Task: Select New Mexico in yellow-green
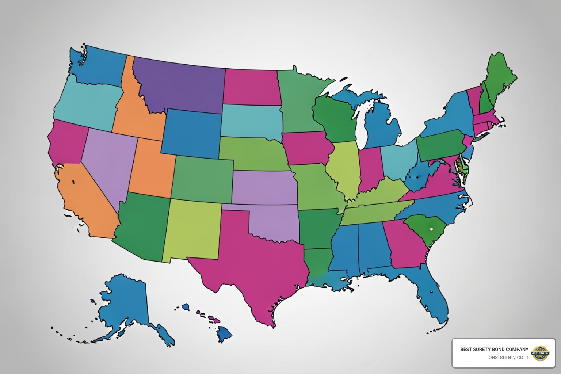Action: (192, 230)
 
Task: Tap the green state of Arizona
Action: (142, 226)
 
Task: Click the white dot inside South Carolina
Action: (431, 229)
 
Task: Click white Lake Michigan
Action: (362, 128)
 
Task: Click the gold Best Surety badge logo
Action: (540, 353)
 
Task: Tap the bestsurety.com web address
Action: (508, 357)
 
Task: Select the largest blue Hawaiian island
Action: (225, 333)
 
